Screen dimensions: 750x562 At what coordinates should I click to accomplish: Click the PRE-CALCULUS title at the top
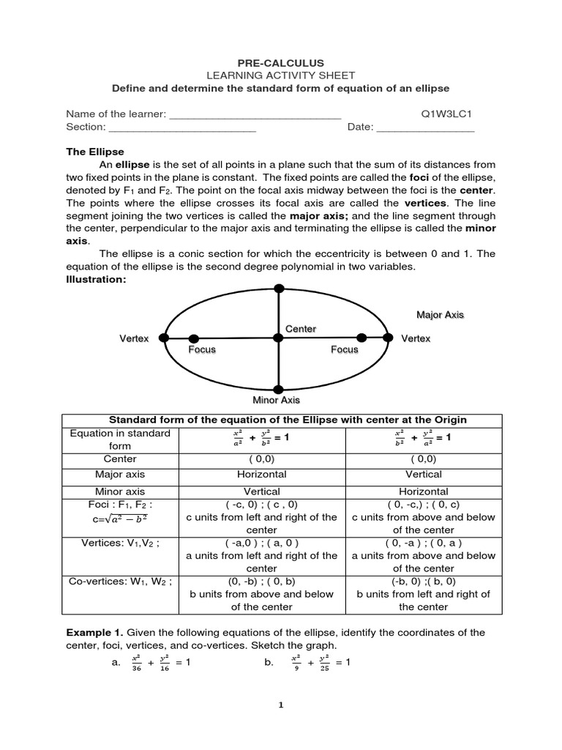pos(281,64)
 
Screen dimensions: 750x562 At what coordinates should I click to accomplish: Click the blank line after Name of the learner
pos(255,116)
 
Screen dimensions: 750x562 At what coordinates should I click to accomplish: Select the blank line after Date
pos(426,128)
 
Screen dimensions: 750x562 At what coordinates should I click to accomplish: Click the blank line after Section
pos(183,128)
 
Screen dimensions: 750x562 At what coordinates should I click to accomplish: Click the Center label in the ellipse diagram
pos(300,329)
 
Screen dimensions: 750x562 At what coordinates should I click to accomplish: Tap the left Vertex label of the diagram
pos(134,338)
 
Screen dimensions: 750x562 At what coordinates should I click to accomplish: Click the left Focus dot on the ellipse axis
pos(193,338)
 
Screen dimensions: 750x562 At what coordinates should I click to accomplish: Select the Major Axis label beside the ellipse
pos(440,315)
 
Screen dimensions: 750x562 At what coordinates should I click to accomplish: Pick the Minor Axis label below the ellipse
pos(276,400)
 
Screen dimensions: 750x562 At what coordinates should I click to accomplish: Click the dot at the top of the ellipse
pos(278,288)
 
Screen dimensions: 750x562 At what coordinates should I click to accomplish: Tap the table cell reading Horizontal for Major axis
pos(261,475)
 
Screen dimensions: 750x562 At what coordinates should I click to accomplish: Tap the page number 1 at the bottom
pos(280,705)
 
